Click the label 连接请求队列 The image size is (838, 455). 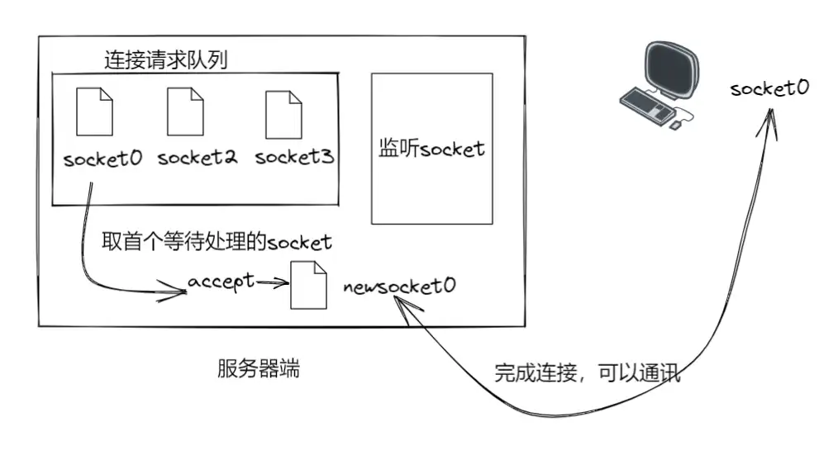[x=165, y=59]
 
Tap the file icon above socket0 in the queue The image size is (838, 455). [x=94, y=112]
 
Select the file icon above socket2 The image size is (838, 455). [x=185, y=112]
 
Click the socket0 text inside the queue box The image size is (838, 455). [x=102, y=159]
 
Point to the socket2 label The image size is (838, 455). [x=197, y=158]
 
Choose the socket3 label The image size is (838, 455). [x=294, y=158]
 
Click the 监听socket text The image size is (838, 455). [x=431, y=149]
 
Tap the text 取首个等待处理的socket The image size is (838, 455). [x=217, y=241]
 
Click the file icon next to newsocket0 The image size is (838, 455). [x=308, y=286]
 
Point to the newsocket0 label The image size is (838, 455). [x=400, y=287]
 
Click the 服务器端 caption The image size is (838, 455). [x=258, y=369]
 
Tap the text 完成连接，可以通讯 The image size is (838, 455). [x=587, y=372]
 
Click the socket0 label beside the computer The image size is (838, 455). [x=769, y=88]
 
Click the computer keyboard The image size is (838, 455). [x=647, y=103]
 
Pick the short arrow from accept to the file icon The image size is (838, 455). [x=273, y=282]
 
